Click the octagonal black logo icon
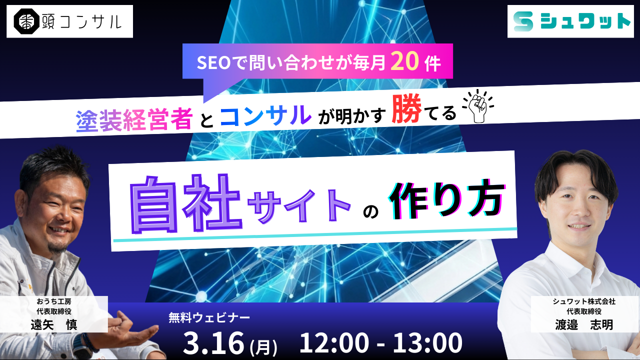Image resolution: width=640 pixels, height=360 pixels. click(26, 21)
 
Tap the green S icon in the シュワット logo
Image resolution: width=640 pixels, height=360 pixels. click(523, 21)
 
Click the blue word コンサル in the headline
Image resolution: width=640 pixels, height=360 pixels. click(265, 115)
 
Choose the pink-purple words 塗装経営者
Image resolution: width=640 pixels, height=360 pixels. click(134, 120)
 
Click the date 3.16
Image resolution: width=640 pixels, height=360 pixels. click(213, 343)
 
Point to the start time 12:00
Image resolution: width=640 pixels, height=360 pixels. click(334, 342)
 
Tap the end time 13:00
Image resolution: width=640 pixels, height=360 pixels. click(427, 342)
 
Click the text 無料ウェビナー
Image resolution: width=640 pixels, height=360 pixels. click(209, 317)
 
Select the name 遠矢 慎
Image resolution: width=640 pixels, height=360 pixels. click(54, 324)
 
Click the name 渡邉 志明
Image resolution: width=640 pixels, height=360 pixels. click(584, 324)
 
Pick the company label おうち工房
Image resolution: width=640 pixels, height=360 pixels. click(54, 301)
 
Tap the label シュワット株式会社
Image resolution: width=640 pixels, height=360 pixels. click(584, 301)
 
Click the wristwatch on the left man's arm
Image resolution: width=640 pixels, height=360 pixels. click(83, 342)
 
